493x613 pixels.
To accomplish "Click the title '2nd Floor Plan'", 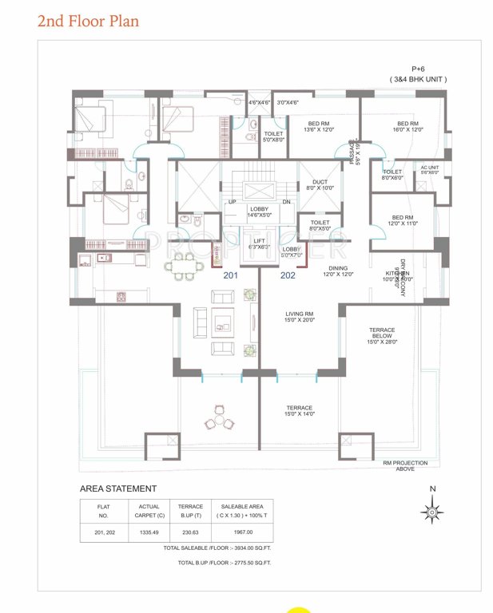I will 88,21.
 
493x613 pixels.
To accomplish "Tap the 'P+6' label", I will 418,69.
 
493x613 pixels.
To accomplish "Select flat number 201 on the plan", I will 231,275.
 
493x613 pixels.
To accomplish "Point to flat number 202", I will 288,275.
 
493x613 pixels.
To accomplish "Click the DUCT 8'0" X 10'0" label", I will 320,185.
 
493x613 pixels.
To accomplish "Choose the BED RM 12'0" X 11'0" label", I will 402,220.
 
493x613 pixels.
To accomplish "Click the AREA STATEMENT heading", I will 118,488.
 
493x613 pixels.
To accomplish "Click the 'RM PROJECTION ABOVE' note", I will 404,466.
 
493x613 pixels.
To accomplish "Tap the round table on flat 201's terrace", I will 219,419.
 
